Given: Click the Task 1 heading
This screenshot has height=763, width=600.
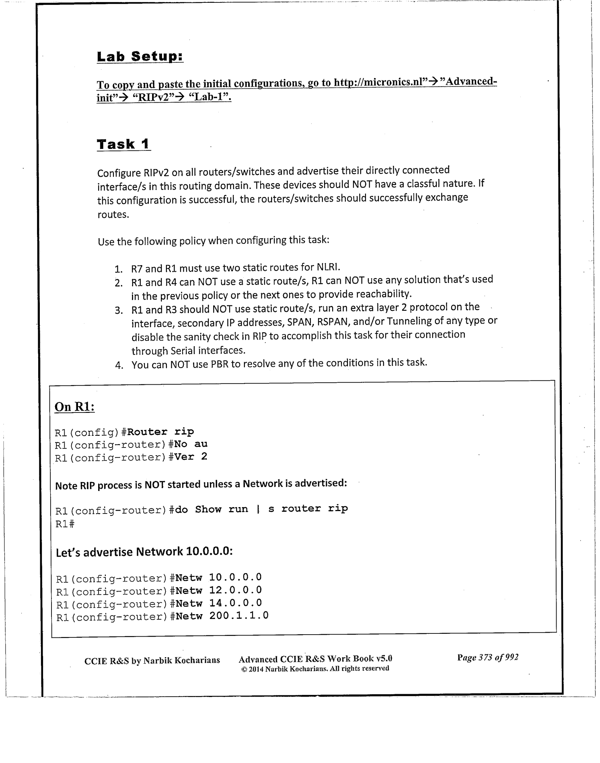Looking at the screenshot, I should click(123, 144).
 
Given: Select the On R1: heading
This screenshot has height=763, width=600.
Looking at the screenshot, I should click(74, 407).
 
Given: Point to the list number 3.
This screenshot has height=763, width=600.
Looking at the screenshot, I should click(118, 310).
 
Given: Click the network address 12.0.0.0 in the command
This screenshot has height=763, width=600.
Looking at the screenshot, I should click(235, 590).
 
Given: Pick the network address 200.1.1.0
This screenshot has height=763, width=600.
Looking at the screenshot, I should click(238, 615).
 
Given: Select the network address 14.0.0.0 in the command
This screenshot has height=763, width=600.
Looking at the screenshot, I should click(235, 603).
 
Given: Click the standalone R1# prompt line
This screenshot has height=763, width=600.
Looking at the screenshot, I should click(65, 524).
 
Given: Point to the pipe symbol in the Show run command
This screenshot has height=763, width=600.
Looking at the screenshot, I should click(258, 509).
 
